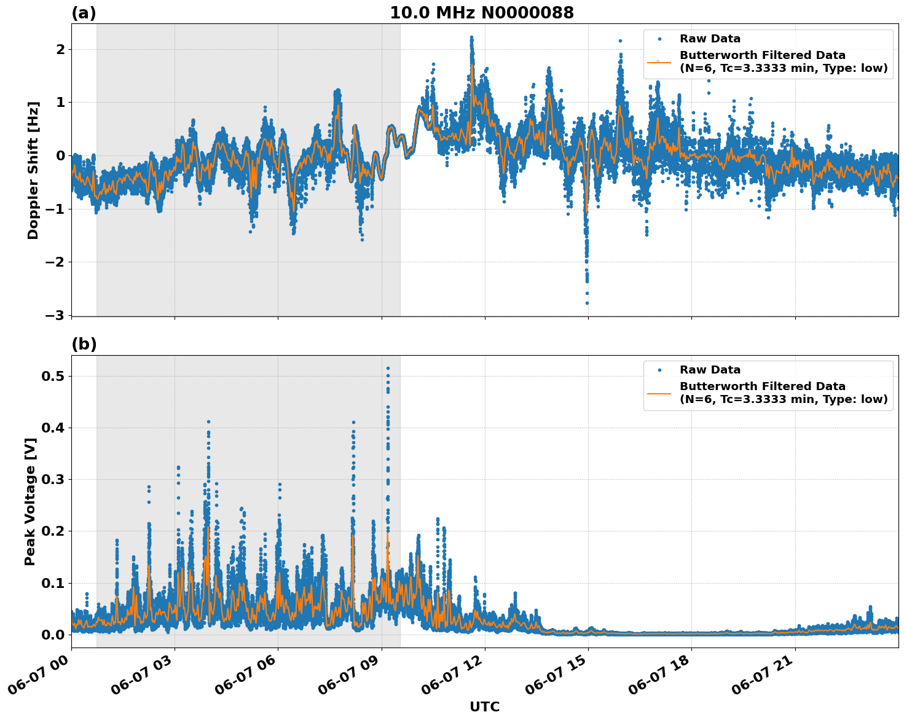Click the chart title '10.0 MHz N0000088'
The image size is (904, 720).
(481, 13)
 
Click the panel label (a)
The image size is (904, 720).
(84, 13)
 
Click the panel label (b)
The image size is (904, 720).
(84, 345)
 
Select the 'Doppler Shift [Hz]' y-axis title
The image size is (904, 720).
(33, 170)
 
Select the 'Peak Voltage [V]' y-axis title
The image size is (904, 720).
(30, 501)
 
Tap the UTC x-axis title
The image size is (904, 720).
(484, 706)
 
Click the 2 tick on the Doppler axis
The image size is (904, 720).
(60, 49)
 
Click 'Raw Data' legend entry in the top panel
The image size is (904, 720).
(710, 39)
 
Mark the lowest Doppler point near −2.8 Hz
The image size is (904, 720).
(587, 303)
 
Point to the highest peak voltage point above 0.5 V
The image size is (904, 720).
(388, 368)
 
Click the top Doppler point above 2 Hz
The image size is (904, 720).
(471, 37)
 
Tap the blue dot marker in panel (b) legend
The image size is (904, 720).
(659, 370)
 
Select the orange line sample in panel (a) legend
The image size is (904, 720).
(659, 61)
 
